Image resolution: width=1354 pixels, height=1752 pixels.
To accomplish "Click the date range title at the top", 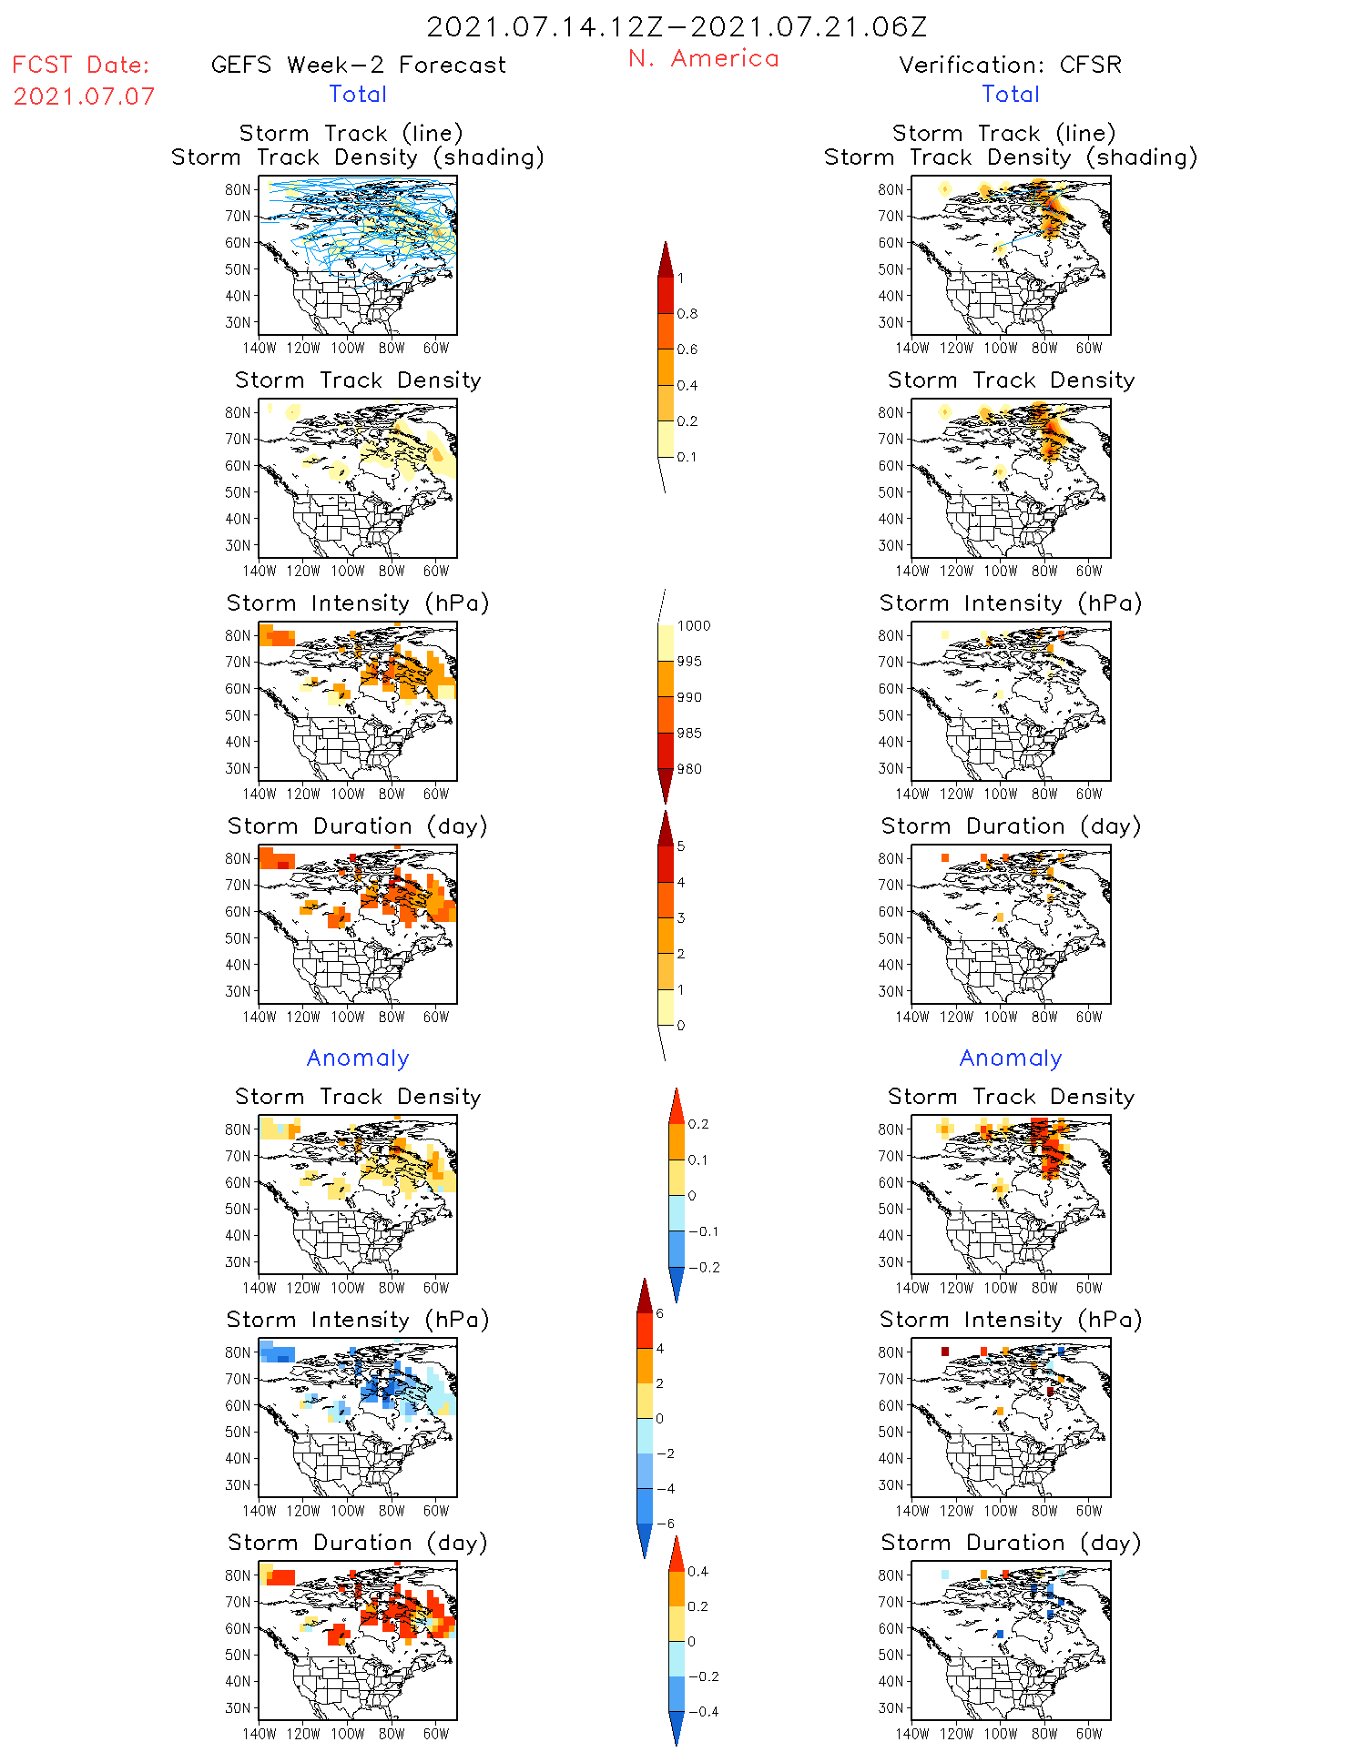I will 677,27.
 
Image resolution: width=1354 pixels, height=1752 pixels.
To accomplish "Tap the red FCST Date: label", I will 81,66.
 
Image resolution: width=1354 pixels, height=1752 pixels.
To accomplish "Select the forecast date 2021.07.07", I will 84,96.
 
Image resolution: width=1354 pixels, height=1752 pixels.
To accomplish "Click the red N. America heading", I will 703,59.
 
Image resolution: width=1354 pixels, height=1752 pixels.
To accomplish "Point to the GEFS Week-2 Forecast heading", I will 358,66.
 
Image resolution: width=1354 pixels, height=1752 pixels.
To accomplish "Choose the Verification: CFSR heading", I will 1010,66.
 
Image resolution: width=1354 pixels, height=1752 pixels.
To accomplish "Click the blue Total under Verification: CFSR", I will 1010,95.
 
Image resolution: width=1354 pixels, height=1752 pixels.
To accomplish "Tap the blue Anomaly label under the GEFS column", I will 358,1058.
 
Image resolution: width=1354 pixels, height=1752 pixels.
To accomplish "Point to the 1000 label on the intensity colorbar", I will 693,626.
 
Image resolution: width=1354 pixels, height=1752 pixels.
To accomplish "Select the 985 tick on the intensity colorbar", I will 689,734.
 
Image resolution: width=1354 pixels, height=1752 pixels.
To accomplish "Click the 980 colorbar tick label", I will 689,769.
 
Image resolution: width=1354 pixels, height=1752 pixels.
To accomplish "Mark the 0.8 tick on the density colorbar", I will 687,314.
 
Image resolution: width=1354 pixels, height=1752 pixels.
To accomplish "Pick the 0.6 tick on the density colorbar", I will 687,349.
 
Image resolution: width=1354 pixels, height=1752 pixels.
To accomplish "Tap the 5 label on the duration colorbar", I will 681,846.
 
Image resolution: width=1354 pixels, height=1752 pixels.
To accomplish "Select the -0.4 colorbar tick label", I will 702,1711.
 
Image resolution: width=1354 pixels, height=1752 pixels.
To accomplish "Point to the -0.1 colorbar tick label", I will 703,1231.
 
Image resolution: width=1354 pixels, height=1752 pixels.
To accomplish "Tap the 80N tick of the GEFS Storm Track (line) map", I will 238,189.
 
